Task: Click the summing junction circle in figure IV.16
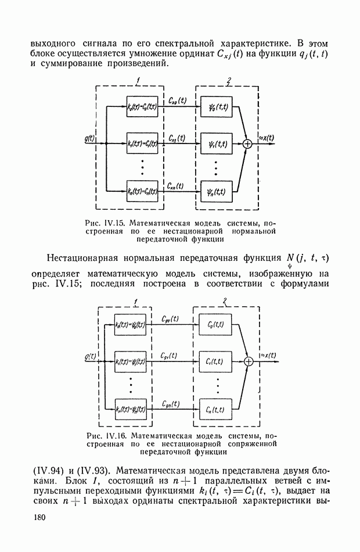249,361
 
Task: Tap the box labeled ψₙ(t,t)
216,190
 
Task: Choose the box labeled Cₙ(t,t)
215,410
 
